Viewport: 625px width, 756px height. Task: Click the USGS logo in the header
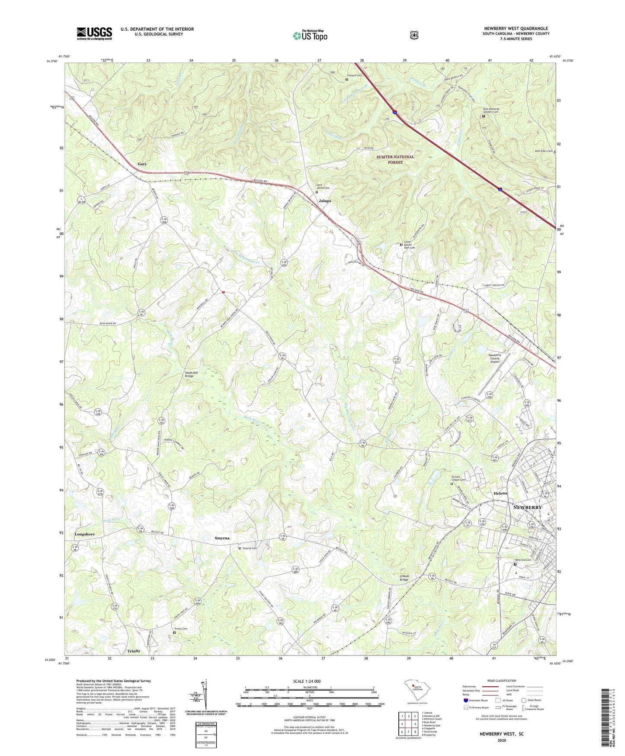point(94,33)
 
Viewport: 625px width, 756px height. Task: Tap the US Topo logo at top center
point(310,36)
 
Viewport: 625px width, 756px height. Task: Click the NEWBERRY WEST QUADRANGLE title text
point(516,29)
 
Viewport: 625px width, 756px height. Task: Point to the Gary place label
point(142,164)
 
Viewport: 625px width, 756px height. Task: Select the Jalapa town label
point(325,201)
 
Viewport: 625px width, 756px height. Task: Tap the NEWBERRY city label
point(527,507)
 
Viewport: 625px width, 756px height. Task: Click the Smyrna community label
point(222,538)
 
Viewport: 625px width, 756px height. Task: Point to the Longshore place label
point(84,534)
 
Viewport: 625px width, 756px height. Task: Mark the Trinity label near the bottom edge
point(134,651)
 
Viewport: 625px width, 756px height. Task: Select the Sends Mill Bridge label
point(189,374)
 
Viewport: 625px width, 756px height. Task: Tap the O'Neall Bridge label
point(404,578)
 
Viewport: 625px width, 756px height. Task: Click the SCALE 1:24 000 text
point(307,682)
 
